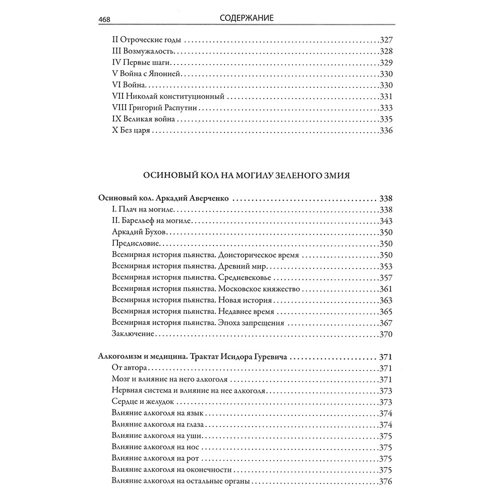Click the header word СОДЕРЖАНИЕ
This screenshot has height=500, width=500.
[x=247, y=18]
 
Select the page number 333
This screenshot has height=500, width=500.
[x=385, y=107]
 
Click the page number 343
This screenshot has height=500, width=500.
[x=385, y=221]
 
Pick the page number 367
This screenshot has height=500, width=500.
[x=385, y=322]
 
